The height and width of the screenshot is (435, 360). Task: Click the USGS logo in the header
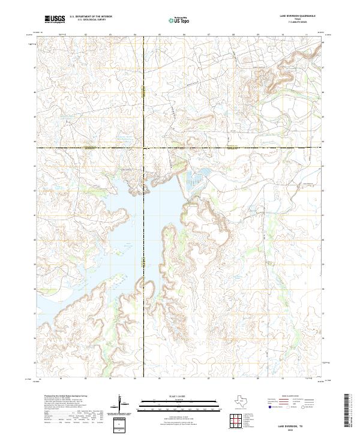coord(55,19)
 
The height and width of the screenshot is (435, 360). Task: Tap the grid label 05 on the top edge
coord(159,35)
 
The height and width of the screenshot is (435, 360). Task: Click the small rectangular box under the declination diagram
coord(121,424)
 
